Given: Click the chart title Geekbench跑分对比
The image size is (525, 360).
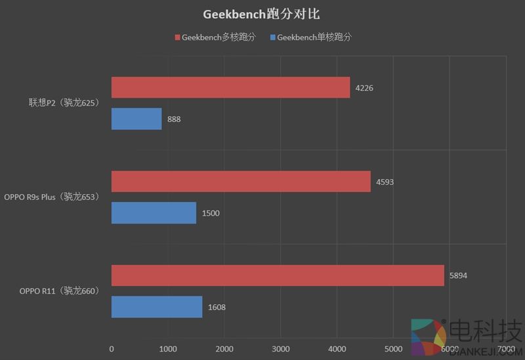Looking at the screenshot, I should click(262, 13).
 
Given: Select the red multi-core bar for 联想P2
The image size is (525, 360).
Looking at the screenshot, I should click(230, 87).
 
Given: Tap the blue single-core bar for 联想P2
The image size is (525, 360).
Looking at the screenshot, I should click(136, 119).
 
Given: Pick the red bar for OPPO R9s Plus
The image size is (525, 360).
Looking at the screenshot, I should click(241, 182).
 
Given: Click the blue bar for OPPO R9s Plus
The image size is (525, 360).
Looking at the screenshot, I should click(154, 212).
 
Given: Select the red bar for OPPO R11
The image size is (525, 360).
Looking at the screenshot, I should click(278, 275).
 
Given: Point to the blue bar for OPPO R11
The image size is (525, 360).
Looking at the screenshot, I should click(157, 307).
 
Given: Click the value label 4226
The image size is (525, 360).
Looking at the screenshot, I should click(364, 88).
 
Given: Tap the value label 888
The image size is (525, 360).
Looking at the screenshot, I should click(174, 119).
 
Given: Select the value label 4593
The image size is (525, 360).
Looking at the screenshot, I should click(385, 182).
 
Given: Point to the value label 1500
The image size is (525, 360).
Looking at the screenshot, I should click(211, 213).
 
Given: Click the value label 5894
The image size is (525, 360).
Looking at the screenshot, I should click(458, 276).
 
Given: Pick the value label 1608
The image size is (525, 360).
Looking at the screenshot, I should click(217, 307).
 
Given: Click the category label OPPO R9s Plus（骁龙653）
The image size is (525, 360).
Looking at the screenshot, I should click(52, 197).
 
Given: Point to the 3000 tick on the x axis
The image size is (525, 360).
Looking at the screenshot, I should click(280, 348).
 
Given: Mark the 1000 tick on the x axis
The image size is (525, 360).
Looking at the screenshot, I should click(167, 348).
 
